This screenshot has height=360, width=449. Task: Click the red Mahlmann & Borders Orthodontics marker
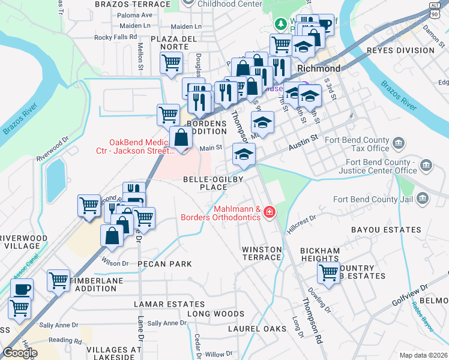click(270, 212)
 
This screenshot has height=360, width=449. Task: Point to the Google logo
click(20, 353)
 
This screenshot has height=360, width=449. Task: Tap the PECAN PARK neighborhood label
click(164, 264)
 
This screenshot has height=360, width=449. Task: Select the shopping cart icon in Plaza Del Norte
click(172, 62)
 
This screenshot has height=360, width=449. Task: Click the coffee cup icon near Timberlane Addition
click(22, 289)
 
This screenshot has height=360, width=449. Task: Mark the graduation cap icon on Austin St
click(244, 154)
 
